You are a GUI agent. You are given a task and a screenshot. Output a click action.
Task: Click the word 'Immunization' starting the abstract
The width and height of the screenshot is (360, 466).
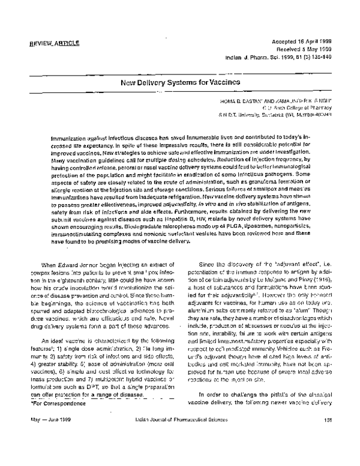tap(68, 138)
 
